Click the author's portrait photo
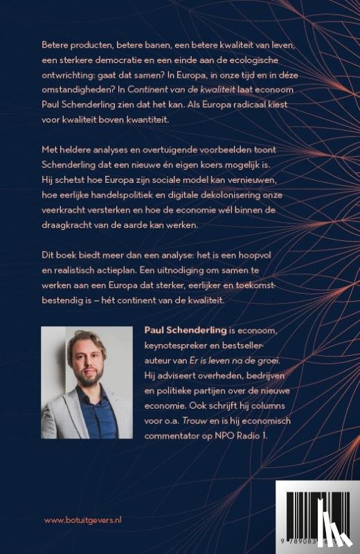(87, 382)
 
